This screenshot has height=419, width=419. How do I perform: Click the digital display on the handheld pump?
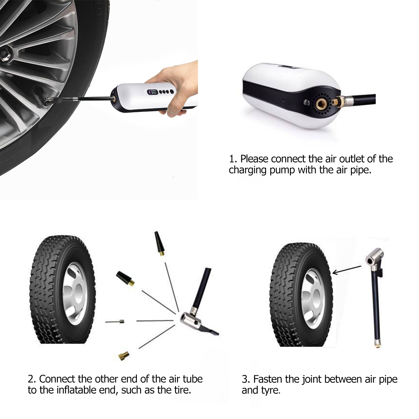(x=153, y=92)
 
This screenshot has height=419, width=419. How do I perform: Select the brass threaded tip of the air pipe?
(x=336, y=101)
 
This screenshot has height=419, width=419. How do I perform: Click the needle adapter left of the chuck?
(x=115, y=321)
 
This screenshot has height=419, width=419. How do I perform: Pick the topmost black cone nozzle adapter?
(x=159, y=243)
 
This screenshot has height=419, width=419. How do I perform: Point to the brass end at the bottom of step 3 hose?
(x=377, y=345)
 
